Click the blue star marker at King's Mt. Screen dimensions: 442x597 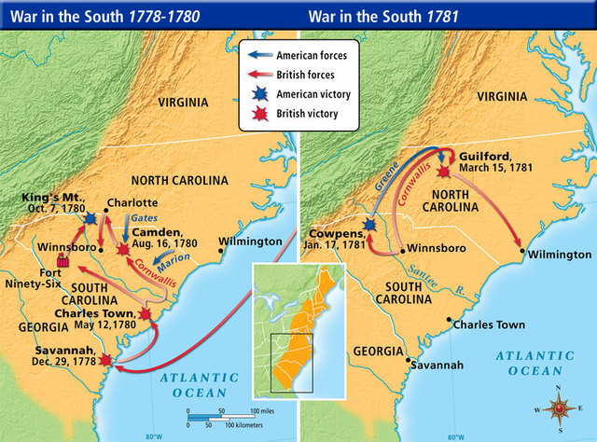pos(90,217)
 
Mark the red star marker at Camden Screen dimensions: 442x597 pos(122,249)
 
